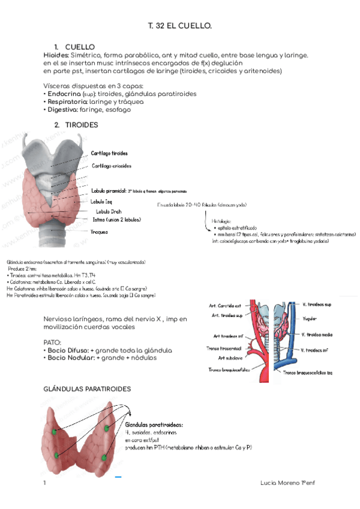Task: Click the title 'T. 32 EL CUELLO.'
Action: [x=180, y=27]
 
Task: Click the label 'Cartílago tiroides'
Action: [x=109, y=153]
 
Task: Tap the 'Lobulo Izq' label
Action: [x=102, y=201]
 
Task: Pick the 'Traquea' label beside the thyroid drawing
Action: [x=99, y=231]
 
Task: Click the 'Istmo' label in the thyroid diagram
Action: [x=98, y=220]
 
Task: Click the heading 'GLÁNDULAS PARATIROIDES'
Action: [x=87, y=389]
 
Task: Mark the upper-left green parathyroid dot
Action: [x=55, y=432]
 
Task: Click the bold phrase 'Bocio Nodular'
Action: [x=71, y=358]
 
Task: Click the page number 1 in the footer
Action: [x=44, y=483]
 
